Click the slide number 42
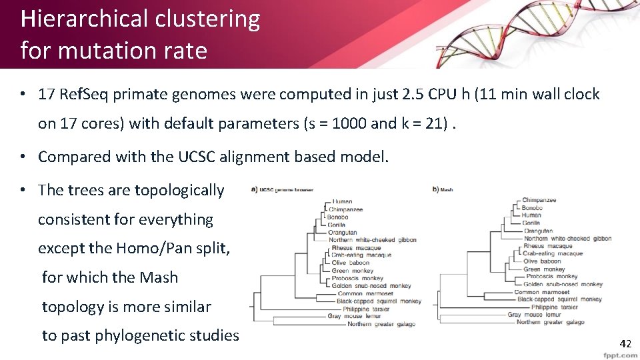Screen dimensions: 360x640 click(x=625, y=344)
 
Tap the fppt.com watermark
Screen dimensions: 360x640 click(x=619, y=355)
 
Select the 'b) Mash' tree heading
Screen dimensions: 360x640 click(x=443, y=189)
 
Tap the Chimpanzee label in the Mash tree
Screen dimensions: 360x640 click(x=539, y=200)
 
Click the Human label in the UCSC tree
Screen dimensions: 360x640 click(x=342, y=201)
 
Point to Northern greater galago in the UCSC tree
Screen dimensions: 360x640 click(x=381, y=325)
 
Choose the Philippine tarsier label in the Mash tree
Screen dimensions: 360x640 click(x=555, y=307)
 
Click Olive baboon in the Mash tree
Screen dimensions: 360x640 click(x=542, y=261)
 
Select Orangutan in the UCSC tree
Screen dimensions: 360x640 click(x=343, y=232)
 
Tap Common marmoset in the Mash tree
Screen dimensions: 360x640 click(x=541, y=292)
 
